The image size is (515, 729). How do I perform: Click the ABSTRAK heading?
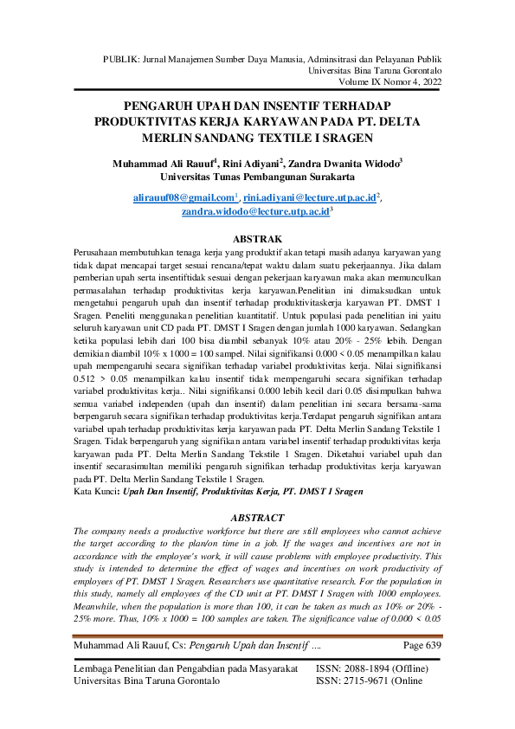pos(256,236)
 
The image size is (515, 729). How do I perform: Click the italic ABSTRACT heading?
pos(257,518)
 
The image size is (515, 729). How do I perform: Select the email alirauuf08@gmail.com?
pos(185,198)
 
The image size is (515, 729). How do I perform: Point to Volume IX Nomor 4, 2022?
pos(390,81)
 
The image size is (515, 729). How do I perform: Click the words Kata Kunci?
pos(100,491)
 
